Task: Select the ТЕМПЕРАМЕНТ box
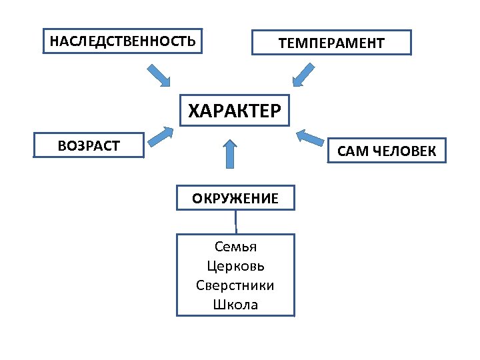point(331,43)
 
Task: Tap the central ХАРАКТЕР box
point(235,111)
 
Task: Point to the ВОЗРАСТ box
point(89,145)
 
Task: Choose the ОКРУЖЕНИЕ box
point(235,198)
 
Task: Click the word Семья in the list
point(235,247)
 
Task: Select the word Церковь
point(235,267)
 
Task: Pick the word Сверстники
point(235,285)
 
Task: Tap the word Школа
point(235,305)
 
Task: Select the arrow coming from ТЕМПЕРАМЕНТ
point(304,75)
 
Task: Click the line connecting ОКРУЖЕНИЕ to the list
point(235,221)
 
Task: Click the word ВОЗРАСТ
point(89,145)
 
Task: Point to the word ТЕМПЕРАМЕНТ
point(331,43)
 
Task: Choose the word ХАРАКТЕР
point(235,111)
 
